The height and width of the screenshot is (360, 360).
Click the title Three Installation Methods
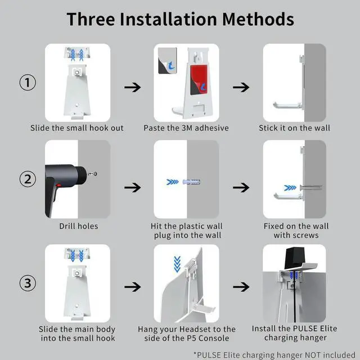coord(180,19)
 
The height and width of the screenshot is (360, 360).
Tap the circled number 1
coord(28,83)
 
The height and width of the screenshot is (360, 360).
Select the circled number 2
coord(28,180)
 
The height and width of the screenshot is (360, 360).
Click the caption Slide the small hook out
coord(77,128)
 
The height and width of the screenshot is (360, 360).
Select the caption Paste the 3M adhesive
coord(186,128)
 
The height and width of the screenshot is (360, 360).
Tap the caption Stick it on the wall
coord(294,128)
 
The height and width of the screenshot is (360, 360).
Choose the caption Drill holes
coord(78,226)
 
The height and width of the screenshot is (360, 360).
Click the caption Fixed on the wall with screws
coord(296,231)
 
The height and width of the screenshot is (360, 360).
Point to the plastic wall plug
coord(188,182)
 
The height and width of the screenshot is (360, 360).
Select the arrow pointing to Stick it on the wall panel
coord(241,87)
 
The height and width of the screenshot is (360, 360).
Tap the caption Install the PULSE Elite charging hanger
coord(296,333)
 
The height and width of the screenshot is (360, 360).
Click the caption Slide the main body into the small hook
coord(77,333)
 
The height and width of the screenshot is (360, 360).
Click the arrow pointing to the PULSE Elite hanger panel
coord(241,287)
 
